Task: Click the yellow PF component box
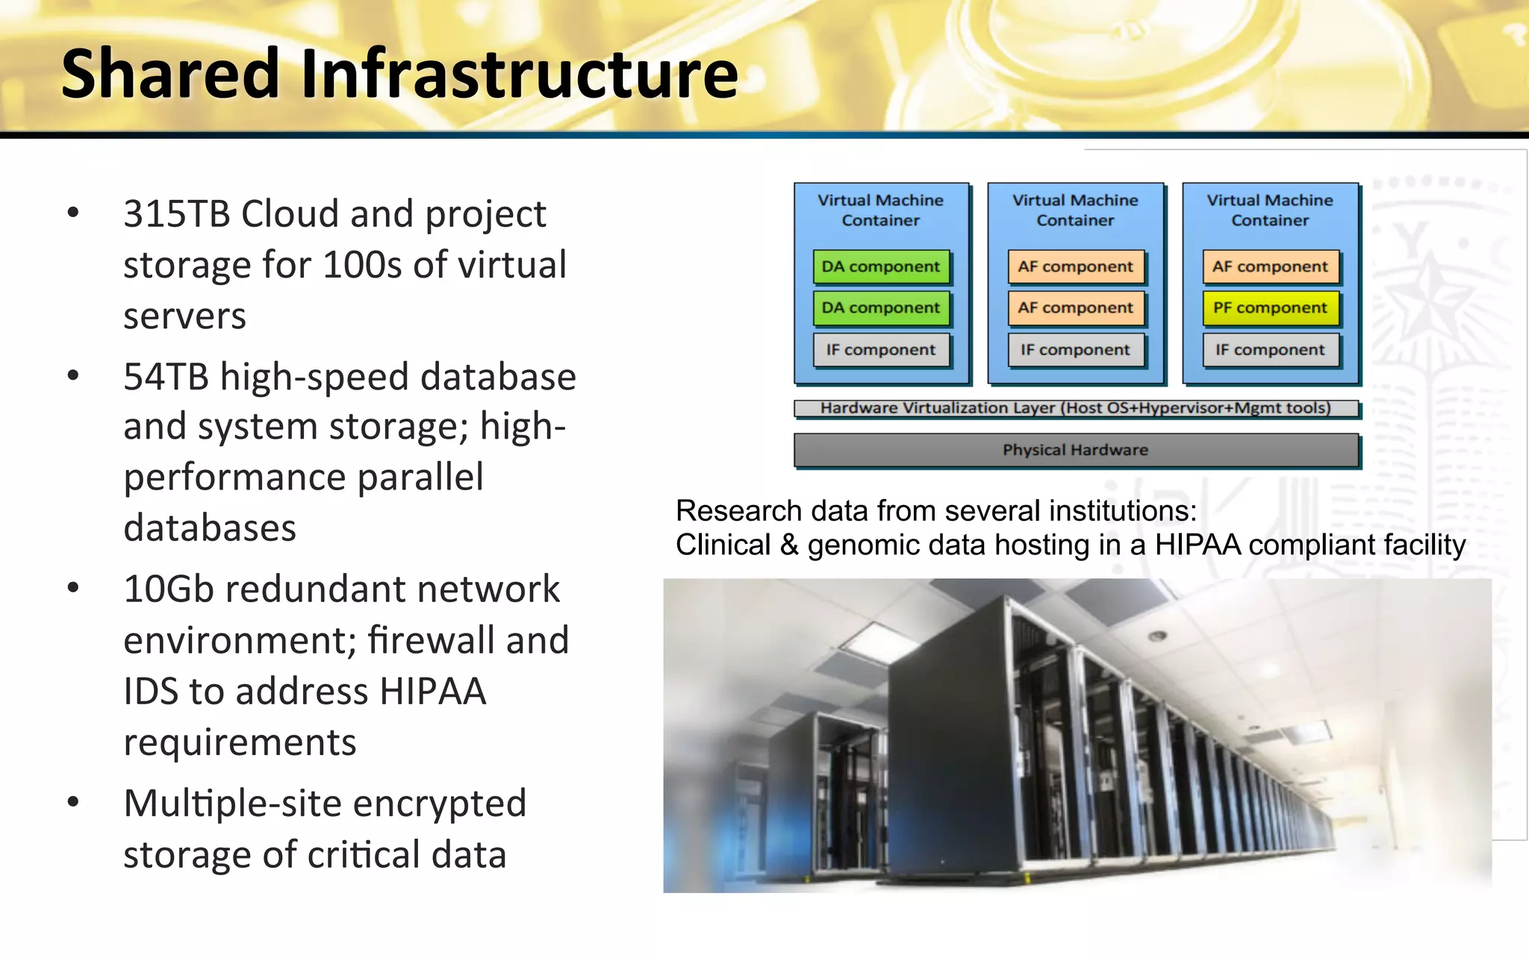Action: pos(1270,308)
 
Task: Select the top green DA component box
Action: pos(881,267)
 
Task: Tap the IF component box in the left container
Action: pos(881,350)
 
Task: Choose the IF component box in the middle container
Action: pos(1075,350)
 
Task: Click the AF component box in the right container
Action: pos(1270,267)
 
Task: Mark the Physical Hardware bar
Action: pos(1075,450)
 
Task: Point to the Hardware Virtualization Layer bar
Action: pos(1075,408)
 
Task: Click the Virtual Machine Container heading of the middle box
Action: pos(1075,210)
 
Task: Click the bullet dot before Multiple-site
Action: pos(73,803)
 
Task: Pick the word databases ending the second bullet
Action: pos(210,528)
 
